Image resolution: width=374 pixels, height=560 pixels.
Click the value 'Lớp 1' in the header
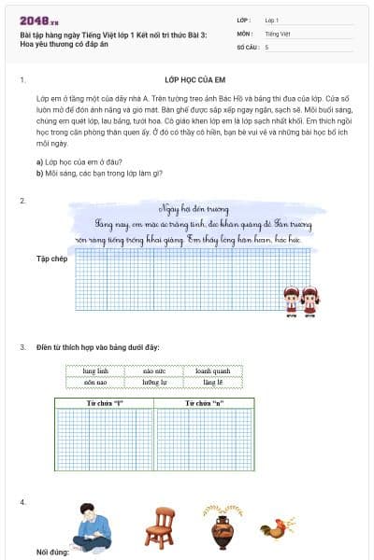pos(272,20)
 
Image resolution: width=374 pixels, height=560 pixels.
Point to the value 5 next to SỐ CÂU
pos(266,46)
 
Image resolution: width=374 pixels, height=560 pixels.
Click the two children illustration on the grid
pos(302,301)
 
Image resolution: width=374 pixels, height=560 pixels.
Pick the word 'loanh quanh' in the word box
pos(212,371)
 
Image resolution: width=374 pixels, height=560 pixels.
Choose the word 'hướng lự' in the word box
pos(154,383)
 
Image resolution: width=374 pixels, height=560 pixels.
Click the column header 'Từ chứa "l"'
pos(105,402)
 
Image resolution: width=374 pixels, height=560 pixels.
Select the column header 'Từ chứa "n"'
pos(204,402)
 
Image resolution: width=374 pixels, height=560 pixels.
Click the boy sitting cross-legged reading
pos(93,527)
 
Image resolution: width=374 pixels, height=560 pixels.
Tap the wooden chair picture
pos(159,526)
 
